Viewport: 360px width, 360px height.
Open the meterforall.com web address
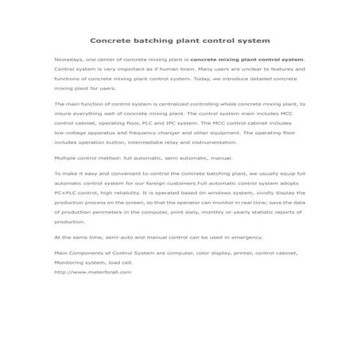point(92,271)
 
